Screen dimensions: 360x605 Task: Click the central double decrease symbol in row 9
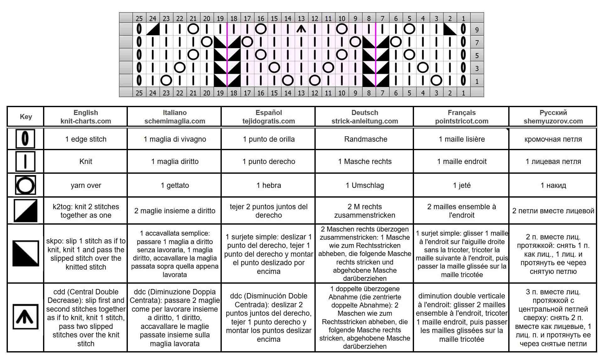coord(301,29)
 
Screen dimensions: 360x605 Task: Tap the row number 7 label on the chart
coord(477,42)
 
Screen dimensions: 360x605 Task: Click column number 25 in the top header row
coord(139,19)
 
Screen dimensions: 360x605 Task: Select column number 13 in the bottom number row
coord(301,93)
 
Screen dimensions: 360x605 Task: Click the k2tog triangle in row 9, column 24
coord(153,29)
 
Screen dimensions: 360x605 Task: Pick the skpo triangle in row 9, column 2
coord(450,29)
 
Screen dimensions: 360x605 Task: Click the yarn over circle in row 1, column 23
coord(166,80)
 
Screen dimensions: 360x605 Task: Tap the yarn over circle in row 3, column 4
coord(423,68)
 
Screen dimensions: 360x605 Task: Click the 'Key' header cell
coord(26,117)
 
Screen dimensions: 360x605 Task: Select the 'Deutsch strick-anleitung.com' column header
coord(365,117)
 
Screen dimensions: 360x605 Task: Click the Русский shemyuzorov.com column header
coord(553,117)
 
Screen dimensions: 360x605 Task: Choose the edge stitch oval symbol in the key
coord(25,139)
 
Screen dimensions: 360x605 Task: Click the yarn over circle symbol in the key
coord(25,185)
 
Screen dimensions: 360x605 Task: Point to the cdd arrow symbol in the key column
coord(25,317)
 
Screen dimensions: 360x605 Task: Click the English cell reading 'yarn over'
coord(86,185)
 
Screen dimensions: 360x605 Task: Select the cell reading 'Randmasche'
coord(365,139)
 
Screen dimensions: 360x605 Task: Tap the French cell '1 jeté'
coord(461,185)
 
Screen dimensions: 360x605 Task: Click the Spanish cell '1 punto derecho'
coord(269,161)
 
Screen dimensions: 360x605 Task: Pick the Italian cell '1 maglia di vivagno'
coord(175,139)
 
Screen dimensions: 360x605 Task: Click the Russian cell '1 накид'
coord(553,185)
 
